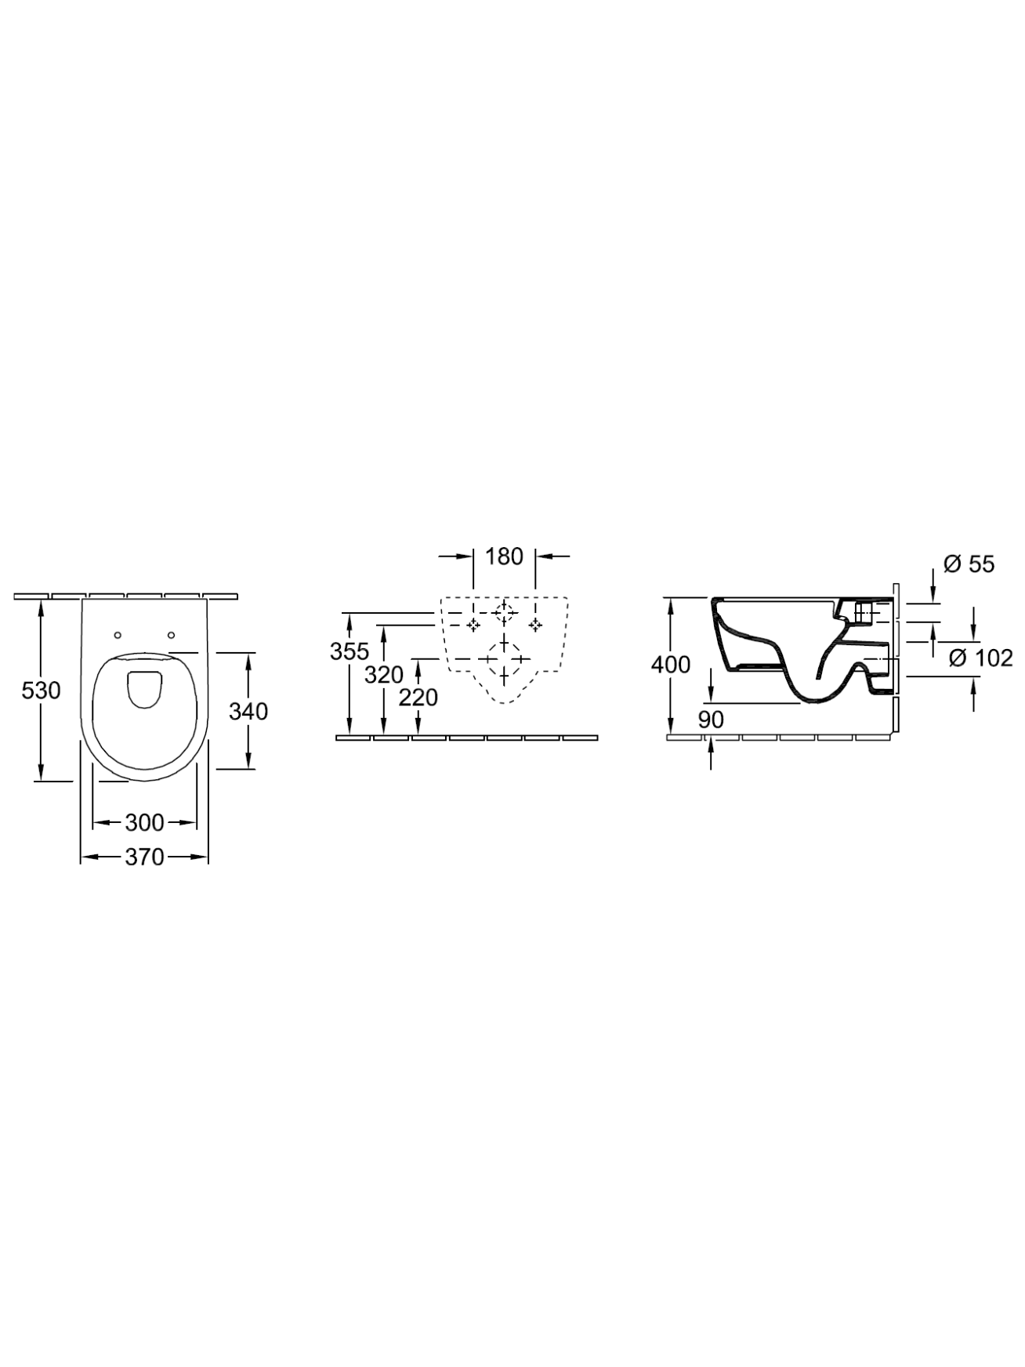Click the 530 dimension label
41,691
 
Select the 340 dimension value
248,711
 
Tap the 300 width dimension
144,822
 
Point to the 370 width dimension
144,858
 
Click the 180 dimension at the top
504,557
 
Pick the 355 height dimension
349,651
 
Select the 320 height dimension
384,674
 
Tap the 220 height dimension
418,697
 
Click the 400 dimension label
671,665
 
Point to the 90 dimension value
711,719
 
